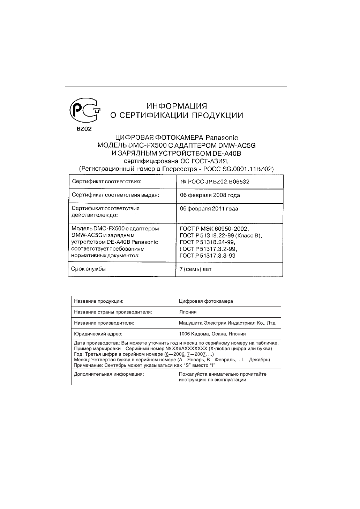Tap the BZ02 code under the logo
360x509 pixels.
pyautogui.click(x=84, y=129)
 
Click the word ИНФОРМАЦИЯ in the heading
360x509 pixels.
pyautogui.click(x=177, y=106)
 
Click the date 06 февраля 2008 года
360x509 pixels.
pyautogui.click(x=210, y=195)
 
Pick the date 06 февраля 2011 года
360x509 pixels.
pyautogui.click(x=209, y=209)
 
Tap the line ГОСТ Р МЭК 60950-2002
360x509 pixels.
pyautogui.click(x=214, y=229)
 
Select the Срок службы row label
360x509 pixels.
pyautogui.click(x=88, y=269)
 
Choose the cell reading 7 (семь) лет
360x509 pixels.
pyautogui.click(x=195, y=269)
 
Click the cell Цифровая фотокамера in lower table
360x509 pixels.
pyautogui.click(x=206, y=301)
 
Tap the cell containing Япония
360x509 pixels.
pyautogui.click(x=188, y=312)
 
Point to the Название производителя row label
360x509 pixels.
pyautogui.click(x=104, y=323)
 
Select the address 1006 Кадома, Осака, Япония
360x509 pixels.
pyautogui.click(x=212, y=334)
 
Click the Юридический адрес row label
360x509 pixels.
pyautogui.click(x=98, y=334)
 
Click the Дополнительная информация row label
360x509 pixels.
pyautogui.click(x=109, y=374)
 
